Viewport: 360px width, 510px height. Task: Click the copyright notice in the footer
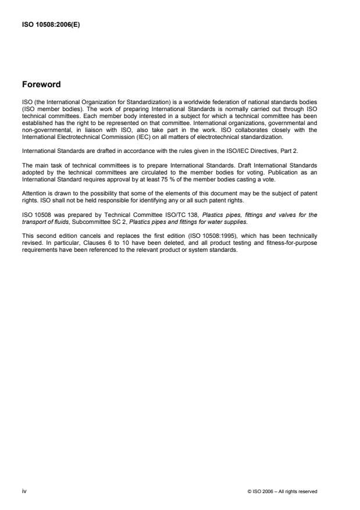pos(282,491)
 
